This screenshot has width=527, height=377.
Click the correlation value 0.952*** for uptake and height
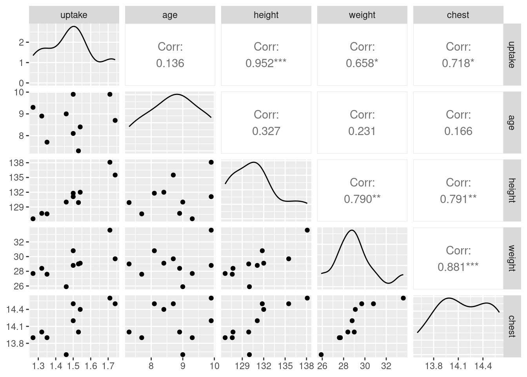click(x=266, y=63)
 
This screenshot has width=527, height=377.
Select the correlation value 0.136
click(x=170, y=63)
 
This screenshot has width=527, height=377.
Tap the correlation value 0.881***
click(x=458, y=267)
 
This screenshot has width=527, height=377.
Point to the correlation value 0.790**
click(x=362, y=199)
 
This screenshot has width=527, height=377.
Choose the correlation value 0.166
click(x=458, y=131)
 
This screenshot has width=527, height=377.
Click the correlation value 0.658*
click(x=362, y=63)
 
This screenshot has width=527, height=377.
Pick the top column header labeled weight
click(x=362, y=15)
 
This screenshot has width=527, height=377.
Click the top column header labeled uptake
click(x=74, y=15)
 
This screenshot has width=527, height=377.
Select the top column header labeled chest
click(x=458, y=15)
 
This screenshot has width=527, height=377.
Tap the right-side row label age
click(x=511, y=122)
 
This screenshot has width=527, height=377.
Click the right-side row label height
click(x=511, y=190)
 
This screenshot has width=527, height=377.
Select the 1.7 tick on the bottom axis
click(x=108, y=366)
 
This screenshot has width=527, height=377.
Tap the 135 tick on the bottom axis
click(x=285, y=366)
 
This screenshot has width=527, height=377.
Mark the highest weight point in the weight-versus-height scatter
click(x=307, y=230)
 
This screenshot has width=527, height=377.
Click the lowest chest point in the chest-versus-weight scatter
click(x=321, y=355)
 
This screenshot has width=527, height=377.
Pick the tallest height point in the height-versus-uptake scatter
click(x=110, y=162)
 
